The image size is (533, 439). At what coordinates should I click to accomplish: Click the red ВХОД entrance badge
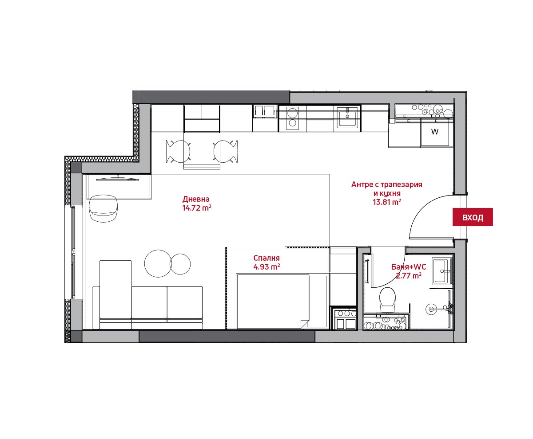[x=473, y=217]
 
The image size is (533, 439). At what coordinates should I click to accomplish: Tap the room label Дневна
[x=196, y=199]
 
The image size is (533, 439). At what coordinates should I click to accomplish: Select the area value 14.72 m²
[x=197, y=208]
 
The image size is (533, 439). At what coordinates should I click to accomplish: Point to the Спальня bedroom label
[x=266, y=258]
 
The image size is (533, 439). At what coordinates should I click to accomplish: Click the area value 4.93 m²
[x=266, y=267]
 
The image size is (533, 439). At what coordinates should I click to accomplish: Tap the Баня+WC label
[x=409, y=267]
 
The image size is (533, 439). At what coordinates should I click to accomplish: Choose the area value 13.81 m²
[x=387, y=202]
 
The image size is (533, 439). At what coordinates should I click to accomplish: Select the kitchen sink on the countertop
[x=347, y=117]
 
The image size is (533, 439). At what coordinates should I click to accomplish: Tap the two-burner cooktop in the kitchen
[x=292, y=118]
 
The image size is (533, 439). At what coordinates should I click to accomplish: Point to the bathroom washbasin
[x=442, y=271]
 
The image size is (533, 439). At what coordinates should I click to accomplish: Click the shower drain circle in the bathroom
[x=431, y=309]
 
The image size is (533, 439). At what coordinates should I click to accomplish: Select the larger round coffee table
[x=158, y=263]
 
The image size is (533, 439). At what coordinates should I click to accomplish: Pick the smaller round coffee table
[x=180, y=264]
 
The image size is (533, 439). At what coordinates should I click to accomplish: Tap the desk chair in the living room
[x=103, y=208]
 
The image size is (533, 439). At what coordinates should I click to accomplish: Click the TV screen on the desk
[x=118, y=179]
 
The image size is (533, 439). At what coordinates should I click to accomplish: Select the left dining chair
[x=178, y=151]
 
